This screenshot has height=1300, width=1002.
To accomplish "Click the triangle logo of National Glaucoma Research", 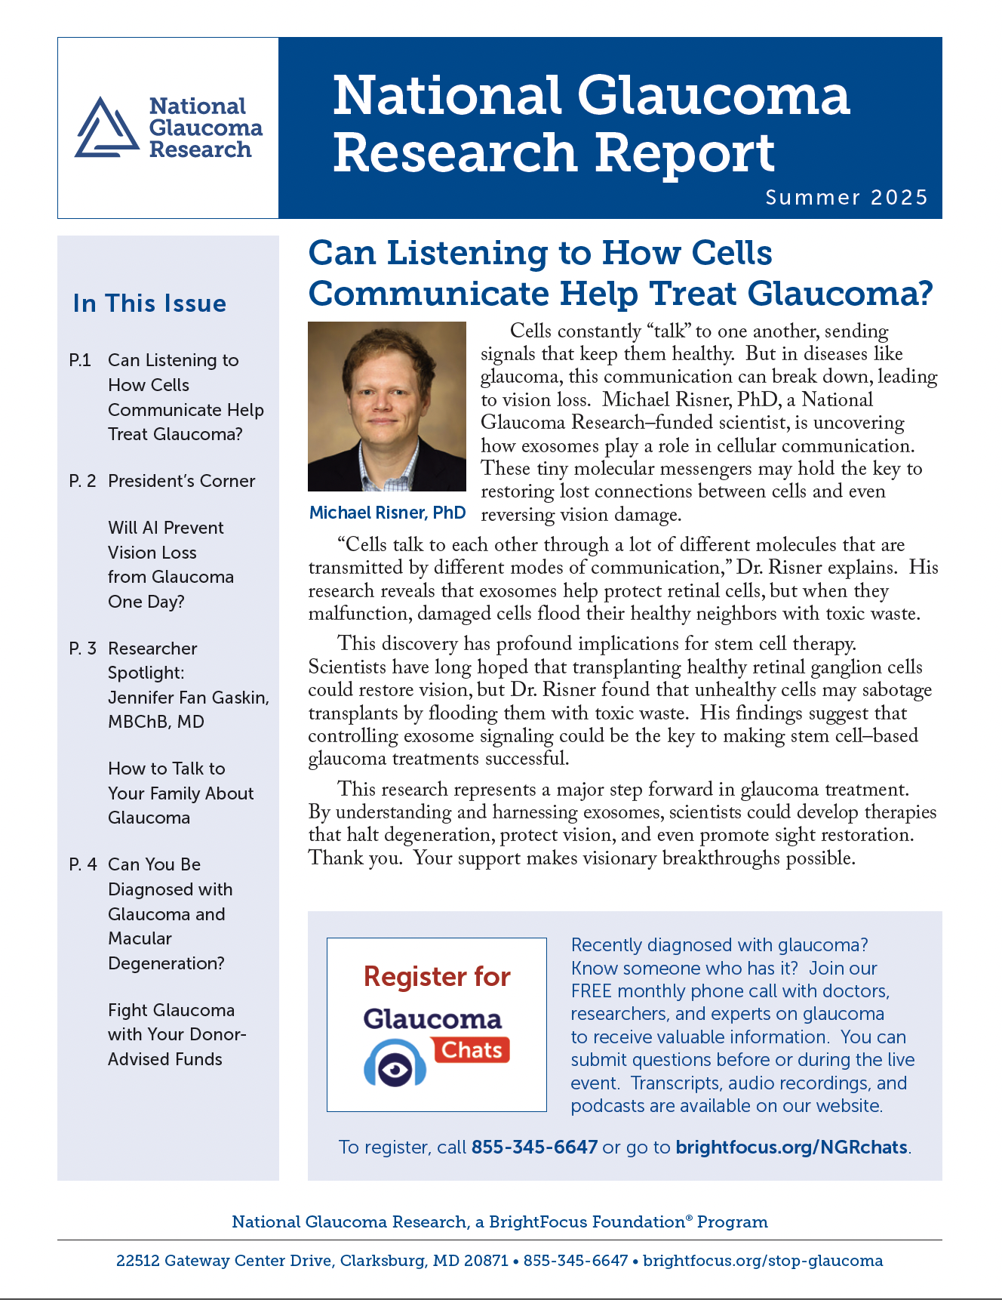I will tap(106, 128).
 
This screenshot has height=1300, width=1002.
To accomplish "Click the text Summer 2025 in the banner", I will tap(846, 198).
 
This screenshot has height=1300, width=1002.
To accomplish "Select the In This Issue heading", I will tap(149, 303).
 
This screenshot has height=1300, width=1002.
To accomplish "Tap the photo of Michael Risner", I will tap(387, 406).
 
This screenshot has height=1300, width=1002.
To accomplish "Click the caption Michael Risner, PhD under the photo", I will tap(387, 513).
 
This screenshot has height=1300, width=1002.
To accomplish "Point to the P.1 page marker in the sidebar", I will tap(80, 361).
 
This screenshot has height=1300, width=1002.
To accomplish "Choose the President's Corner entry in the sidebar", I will tap(181, 482).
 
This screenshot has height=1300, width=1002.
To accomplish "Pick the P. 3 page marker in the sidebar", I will tap(83, 649).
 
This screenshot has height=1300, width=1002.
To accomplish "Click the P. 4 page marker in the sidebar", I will tap(83, 865).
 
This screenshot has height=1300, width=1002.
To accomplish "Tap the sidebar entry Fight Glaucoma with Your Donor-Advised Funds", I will tap(177, 1034).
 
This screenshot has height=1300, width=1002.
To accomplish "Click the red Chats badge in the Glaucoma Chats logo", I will tap(472, 1050).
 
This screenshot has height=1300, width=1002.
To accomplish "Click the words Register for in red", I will tap(437, 977).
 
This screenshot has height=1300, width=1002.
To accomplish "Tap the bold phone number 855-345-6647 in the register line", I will tap(534, 1148).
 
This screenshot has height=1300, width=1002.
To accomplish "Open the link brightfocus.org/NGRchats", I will tap(791, 1148).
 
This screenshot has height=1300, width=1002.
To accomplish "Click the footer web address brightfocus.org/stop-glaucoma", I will tap(763, 1261).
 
